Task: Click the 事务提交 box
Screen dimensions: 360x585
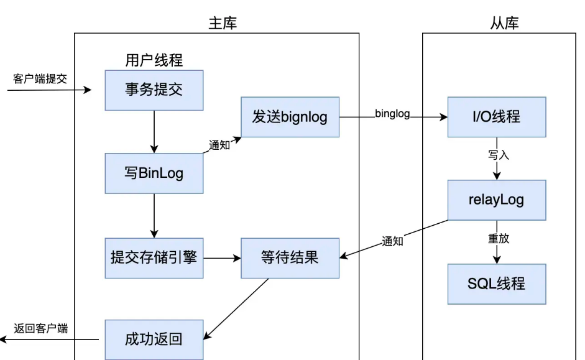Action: coord(154,90)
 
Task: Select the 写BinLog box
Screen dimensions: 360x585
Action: coord(154,173)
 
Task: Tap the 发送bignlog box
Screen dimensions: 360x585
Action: coord(290,117)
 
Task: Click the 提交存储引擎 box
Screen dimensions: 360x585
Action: coord(154,257)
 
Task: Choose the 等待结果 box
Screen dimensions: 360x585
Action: coord(290,257)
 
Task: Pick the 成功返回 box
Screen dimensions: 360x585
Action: coord(154,339)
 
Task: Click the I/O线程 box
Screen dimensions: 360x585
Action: coord(497,117)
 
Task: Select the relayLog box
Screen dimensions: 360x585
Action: coord(497,200)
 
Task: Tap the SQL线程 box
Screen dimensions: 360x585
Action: coord(497,284)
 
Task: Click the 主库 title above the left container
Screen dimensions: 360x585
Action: coord(222,24)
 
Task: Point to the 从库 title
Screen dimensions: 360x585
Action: coord(504,24)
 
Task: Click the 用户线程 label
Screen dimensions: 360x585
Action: coord(154,60)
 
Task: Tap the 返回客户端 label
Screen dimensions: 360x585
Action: coord(41,328)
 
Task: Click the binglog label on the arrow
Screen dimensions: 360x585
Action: coord(392,114)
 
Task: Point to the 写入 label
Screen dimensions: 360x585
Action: coord(499,155)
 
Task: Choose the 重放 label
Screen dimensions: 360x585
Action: coord(499,238)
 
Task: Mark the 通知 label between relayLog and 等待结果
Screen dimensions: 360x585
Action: coord(392,241)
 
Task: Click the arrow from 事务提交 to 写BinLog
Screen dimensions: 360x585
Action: coord(154,131)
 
